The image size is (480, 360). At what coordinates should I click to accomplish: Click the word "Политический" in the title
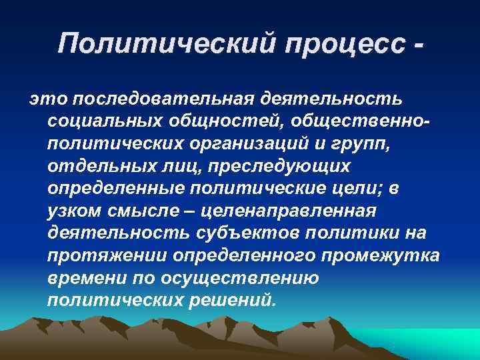[x=167, y=44]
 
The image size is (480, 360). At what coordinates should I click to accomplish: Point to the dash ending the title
[x=417, y=44]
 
